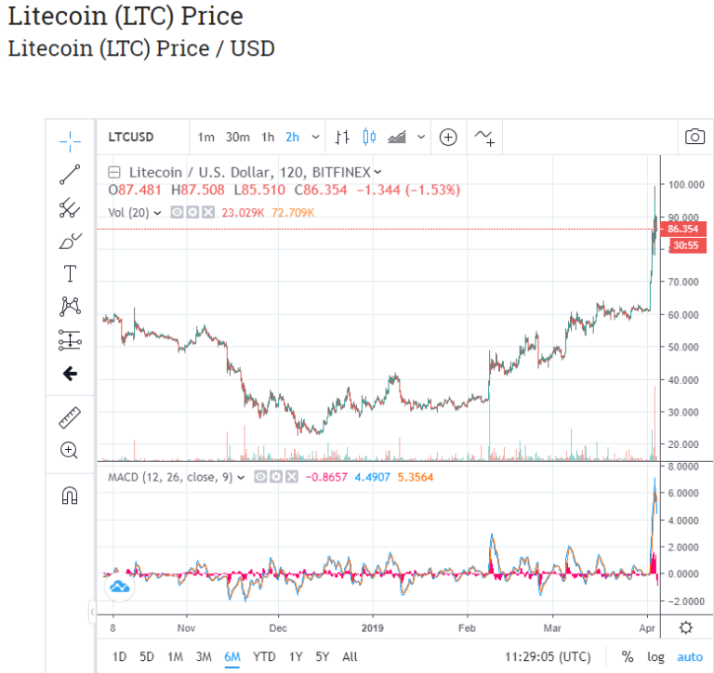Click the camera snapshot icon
tap(694, 137)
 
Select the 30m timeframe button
tap(237, 137)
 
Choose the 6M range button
tap(232, 656)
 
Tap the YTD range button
tap(264, 656)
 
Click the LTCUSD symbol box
tap(131, 137)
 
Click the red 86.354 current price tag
tap(682, 229)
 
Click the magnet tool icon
tap(70, 495)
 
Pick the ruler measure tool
tap(70, 417)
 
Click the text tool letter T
tap(70, 273)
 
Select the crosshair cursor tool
tap(70, 140)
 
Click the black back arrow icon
tap(70, 374)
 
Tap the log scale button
tap(656, 656)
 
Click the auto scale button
tap(689, 656)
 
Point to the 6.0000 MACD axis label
tap(683, 494)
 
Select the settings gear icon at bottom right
tap(686, 627)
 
